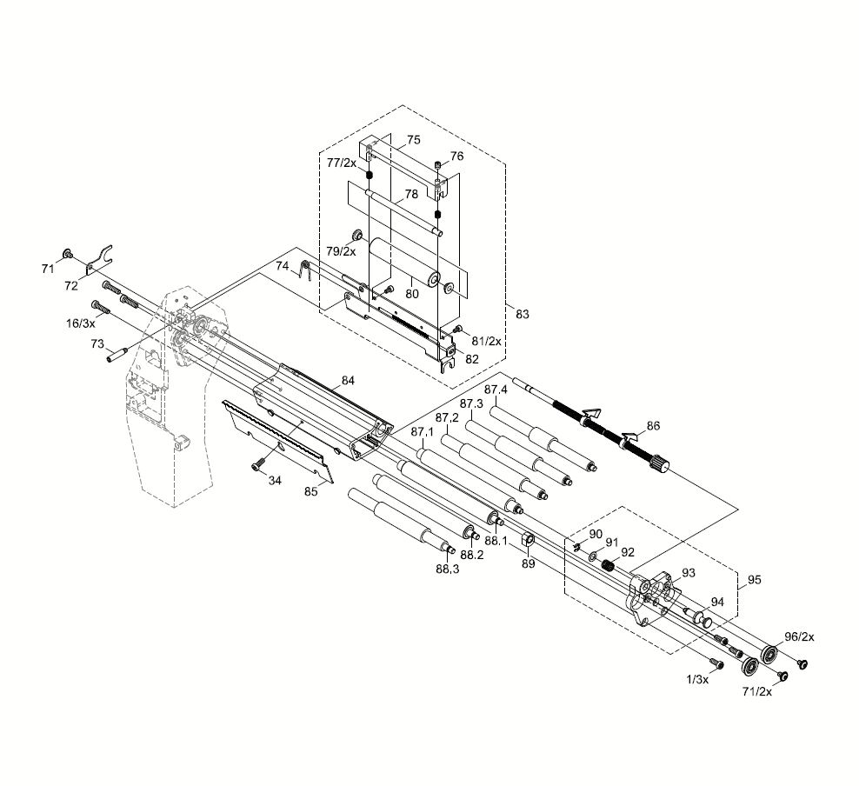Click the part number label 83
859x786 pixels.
pos(522,314)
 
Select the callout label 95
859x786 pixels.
pos(754,579)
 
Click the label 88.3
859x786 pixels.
pos(448,569)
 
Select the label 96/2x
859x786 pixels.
pos(799,636)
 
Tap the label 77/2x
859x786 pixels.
pos(342,162)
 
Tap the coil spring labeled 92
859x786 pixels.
pos(609,566)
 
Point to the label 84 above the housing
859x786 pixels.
pos(348,380)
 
